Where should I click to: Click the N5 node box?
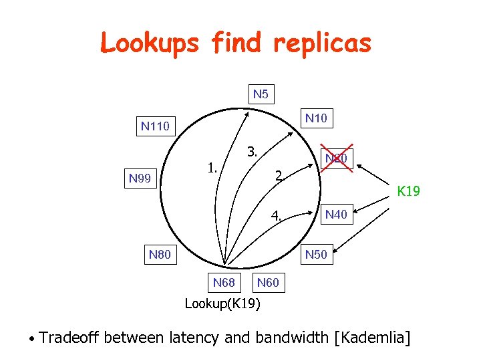(261, 94)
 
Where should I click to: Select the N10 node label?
(316, 118)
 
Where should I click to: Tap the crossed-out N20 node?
(335, 158)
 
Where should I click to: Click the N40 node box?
(335, 215)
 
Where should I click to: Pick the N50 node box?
(316, 255)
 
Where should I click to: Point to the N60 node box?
(268, 283)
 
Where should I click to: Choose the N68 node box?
(223, 283)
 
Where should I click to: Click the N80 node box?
(160, 255)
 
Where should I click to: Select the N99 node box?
(140, 178)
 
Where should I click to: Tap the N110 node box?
(155, 126)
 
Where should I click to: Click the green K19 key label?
(408, 192)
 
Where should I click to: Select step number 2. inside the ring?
(280, 176)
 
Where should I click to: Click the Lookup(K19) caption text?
(222, 304)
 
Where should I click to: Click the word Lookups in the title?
(150, 43)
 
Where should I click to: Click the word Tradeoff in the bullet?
(70, 338)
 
